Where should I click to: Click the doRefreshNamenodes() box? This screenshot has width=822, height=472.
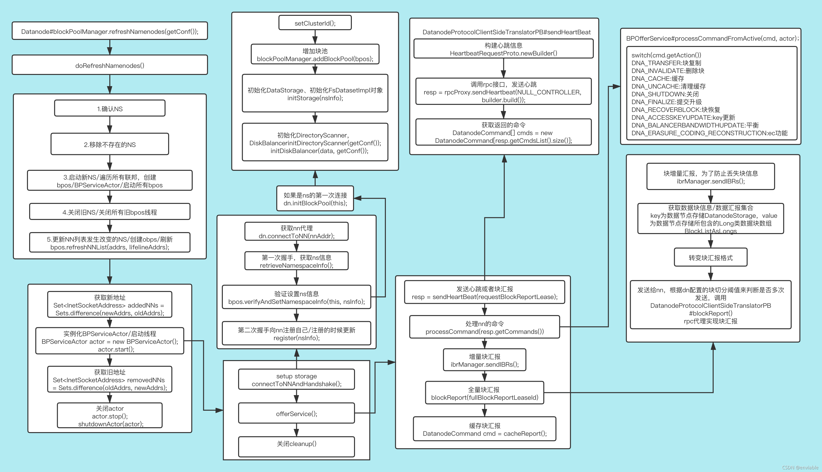[x=110, y=65]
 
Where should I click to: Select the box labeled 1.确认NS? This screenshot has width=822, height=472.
[x=110, y=109]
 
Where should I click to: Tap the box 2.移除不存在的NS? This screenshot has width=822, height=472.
[x=110, y=144]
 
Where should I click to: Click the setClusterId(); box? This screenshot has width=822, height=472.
[x=315, y=23]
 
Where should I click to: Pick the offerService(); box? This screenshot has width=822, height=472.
[x=296, y=413]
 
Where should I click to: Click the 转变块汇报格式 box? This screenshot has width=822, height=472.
[x=711, y=257]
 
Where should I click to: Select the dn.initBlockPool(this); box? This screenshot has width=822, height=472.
[x=315, y=199]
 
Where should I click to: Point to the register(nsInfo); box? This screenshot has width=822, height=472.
[x=296, y=334]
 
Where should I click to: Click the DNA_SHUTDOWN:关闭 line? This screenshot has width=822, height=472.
[x=665, y=94]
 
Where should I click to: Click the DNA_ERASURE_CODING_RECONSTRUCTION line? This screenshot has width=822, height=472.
[x=709, y=133]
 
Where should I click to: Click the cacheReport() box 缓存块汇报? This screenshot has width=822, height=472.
[x=485, y=429]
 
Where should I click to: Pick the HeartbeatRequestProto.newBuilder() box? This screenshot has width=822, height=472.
[x=503, y=49]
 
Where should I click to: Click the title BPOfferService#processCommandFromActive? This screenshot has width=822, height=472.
[x=712, y=38]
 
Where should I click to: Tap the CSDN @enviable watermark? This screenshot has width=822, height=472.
[x=800, y=467]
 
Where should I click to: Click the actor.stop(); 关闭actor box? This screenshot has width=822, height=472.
[x=110, y=416]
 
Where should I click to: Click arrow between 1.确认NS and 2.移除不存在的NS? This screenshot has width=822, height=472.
[x=110, y=125]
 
